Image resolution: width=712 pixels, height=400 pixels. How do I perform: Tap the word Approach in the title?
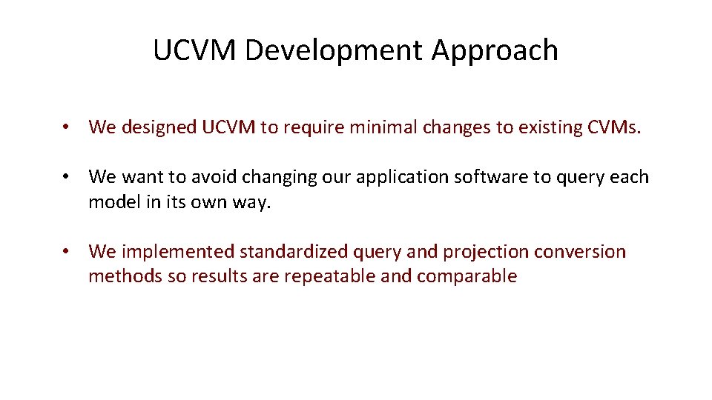tap(495, 50)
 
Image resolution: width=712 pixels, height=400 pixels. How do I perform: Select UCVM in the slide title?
tap(195, 50)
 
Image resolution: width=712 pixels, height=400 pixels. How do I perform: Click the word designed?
tap(158, 127)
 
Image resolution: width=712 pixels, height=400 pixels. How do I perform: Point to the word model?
tap(111, 201)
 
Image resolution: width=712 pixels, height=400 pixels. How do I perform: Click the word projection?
tap(486, 252)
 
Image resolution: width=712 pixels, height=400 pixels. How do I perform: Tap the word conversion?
tap(581, 252)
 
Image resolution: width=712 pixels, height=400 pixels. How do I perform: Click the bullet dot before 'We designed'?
tap(67, 127)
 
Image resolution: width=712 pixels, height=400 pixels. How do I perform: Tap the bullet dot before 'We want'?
tap(67, 177)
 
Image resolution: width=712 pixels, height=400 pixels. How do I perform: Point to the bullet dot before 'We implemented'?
tap(67, 252)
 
